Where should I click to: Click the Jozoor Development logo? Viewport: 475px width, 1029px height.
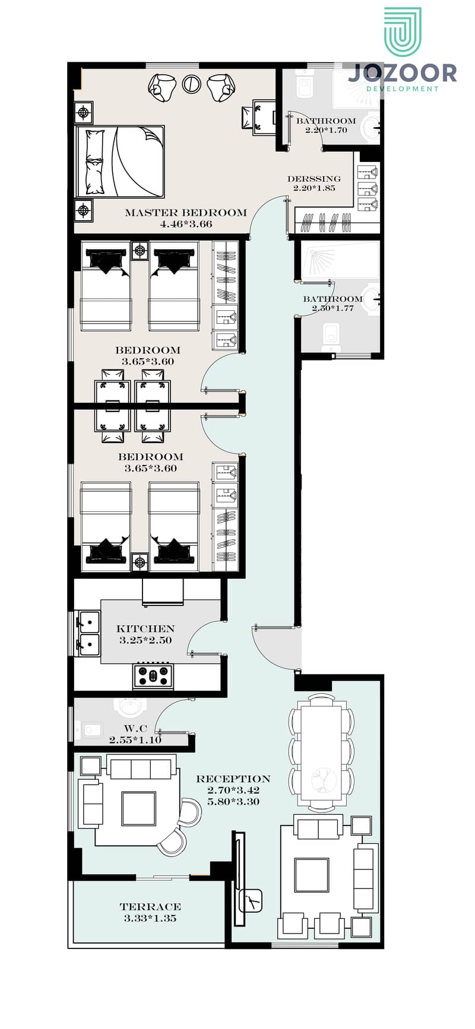point(403,50)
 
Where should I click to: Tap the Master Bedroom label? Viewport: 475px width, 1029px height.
point(186,212)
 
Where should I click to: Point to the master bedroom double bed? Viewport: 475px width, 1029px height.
point(119,161)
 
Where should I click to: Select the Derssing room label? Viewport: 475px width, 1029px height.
point(314,179)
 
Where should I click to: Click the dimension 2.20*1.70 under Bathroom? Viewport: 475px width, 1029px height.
point(326,130)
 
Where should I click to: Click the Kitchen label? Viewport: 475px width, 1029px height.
point(145,629)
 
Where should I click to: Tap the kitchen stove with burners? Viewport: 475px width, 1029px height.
point(153,676)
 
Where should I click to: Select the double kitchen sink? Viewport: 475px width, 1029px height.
point(88,633)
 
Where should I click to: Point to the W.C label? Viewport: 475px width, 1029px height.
point(135,728)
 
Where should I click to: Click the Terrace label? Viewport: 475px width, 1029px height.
point(150,907)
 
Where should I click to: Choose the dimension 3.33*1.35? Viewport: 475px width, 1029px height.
point(150,918)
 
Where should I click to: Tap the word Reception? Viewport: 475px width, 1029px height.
point(233,779)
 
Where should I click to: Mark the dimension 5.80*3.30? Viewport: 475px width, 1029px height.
point(233,802)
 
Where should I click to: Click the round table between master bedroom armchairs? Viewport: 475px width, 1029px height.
point(191,84)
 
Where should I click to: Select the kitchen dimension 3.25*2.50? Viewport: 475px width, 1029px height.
point(145,641)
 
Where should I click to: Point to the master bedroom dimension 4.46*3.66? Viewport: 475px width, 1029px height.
point(186,224)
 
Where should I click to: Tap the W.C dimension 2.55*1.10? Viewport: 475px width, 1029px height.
point(135,740)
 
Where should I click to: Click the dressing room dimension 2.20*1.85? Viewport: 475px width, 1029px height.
point(314,188)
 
